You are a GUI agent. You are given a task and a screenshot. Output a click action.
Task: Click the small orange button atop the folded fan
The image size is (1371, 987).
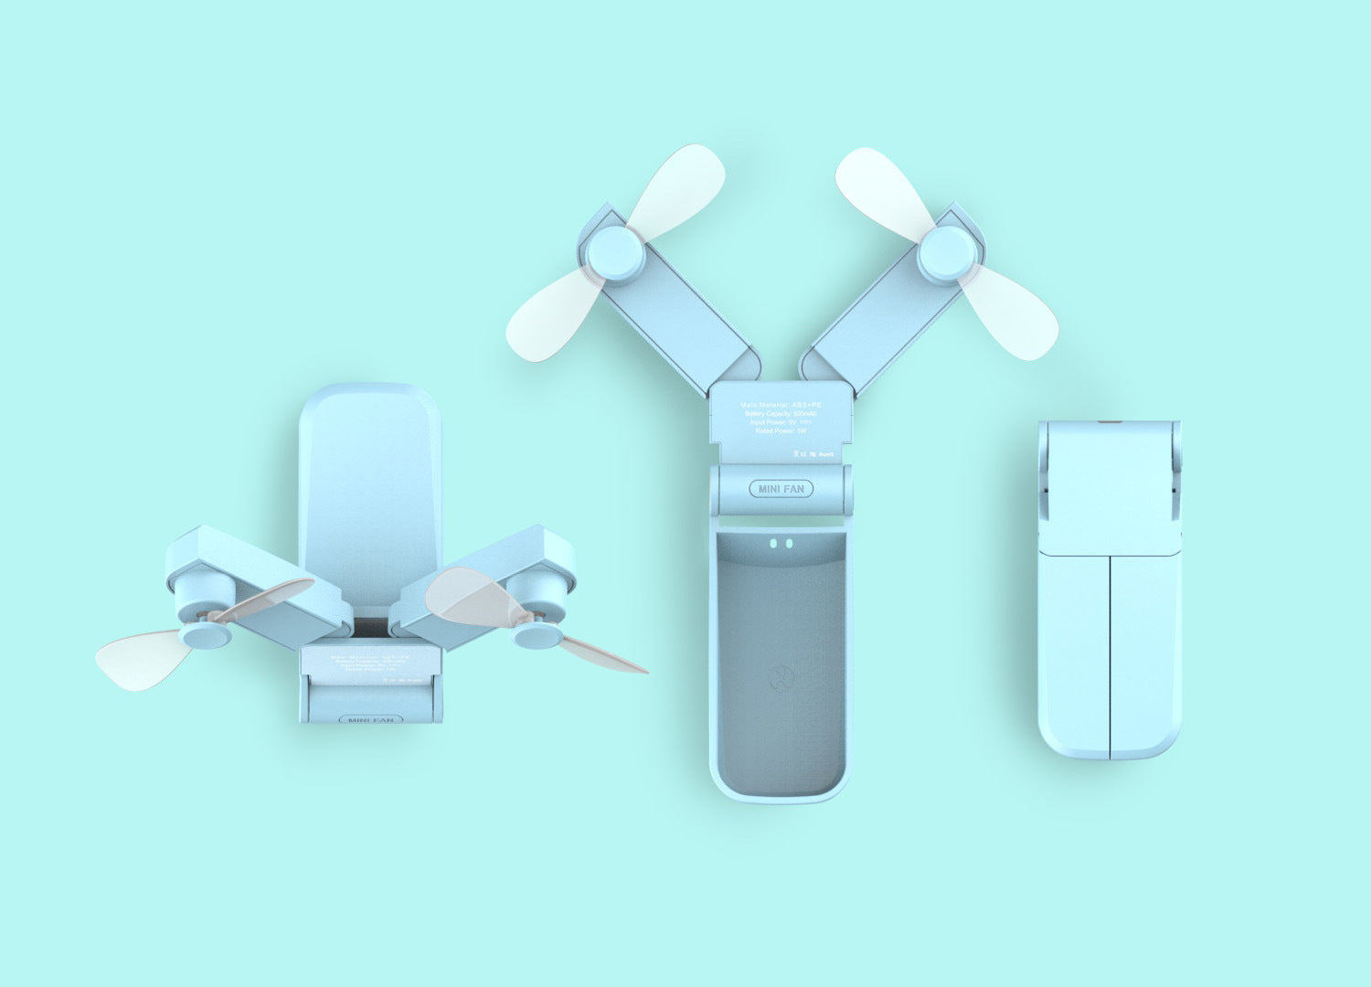[x=1110, y=422]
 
